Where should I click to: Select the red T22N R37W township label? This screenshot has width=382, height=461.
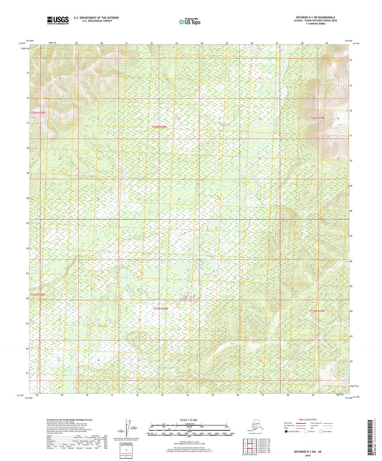pos(318,117)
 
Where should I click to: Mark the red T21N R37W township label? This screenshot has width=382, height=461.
pos(317,310)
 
